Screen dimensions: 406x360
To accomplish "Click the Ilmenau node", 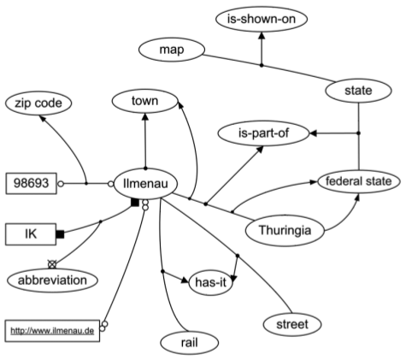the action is (145, 184).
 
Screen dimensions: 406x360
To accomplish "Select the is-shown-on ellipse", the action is (262, 19).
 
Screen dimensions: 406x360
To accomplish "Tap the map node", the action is (172, 50).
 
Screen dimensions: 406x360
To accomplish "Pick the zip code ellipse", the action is (38, 103).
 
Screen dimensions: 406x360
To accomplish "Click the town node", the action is (145, 101).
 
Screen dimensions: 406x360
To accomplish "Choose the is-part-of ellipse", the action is (263, 133).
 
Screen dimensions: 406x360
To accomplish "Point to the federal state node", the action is (359, 181).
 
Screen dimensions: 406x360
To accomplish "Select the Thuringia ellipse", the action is (285, 230).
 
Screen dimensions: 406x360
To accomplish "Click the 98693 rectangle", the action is (32, 183).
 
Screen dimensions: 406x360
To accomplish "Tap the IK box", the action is (31, 234).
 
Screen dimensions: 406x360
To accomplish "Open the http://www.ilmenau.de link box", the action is (52, 331).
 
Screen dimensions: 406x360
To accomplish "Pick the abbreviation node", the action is (52, 280).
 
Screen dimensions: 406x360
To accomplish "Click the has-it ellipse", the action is (211, 282).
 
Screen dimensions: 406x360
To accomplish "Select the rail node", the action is (190, 343).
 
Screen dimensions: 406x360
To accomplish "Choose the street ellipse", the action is (292, 324).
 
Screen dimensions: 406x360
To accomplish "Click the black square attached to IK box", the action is (60, 234).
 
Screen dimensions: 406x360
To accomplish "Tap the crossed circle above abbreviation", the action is (52, 264).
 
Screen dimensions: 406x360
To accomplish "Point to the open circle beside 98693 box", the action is (61, 184).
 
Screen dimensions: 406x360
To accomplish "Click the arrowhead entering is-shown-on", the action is (262, 36).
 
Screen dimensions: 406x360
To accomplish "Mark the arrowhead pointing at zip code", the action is (42, 118).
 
